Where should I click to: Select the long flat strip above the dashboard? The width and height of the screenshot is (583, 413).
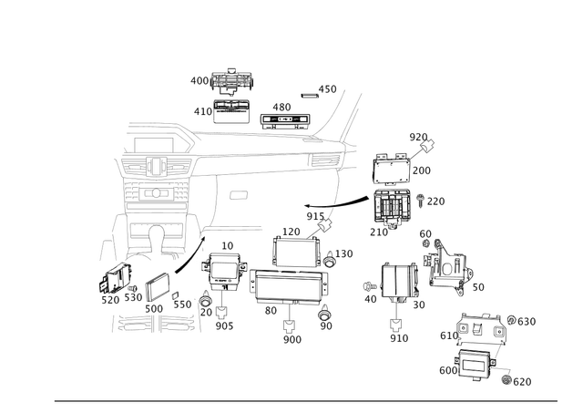point(282,116)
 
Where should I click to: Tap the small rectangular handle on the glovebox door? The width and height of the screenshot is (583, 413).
point(239,193)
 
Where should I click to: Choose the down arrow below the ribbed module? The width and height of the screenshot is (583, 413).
point(397,325)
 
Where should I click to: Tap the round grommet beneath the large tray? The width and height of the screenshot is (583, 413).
point(324,316)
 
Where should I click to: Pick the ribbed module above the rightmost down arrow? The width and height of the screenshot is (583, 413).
point(397,280)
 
